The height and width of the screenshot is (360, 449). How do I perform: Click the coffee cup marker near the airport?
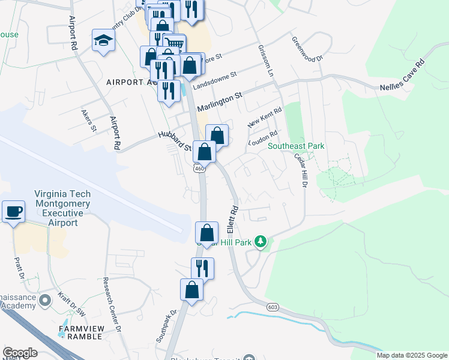[13, 212]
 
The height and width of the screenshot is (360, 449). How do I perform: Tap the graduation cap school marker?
[103, 41]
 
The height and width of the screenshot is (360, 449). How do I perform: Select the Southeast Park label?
[296, 146]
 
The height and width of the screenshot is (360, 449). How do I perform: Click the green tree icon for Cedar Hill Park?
[260, 241]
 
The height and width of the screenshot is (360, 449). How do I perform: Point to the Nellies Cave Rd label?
[402, 75]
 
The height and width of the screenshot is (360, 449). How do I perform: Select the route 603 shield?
[273, 307]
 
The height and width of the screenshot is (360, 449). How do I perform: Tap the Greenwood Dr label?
[307, 50]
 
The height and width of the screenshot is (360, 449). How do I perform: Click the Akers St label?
[89, 120]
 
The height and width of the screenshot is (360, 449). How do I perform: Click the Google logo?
[20, 353]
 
